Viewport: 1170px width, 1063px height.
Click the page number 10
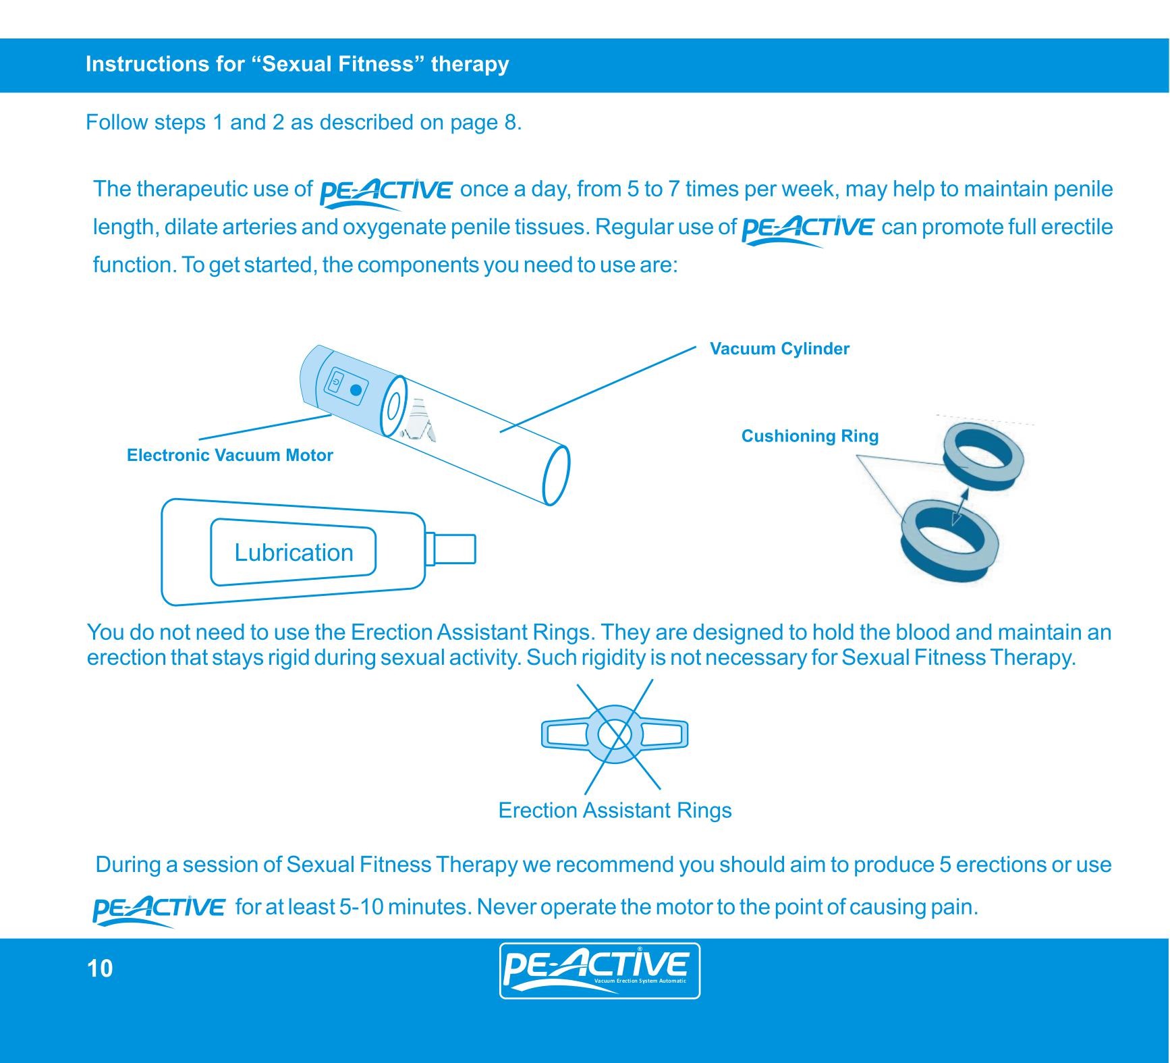[100, 969]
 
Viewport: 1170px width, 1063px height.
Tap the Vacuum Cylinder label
[779, 349]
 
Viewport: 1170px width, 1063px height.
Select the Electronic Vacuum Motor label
[229, 455]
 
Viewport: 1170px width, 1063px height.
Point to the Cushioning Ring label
[810, 436]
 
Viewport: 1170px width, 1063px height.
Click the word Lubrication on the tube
[294, 553]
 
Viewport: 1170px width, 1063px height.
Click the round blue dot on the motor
[356, 390]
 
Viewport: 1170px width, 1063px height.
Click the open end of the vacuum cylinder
[556, 475]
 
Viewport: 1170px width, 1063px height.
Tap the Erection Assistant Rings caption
[615, 810]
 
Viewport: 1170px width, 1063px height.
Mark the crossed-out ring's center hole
[614, 734]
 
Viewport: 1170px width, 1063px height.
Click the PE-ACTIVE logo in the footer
[599, 971]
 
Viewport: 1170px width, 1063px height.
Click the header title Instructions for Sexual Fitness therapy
[297, 64]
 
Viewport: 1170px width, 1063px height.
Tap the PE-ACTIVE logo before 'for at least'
[158, 909]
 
